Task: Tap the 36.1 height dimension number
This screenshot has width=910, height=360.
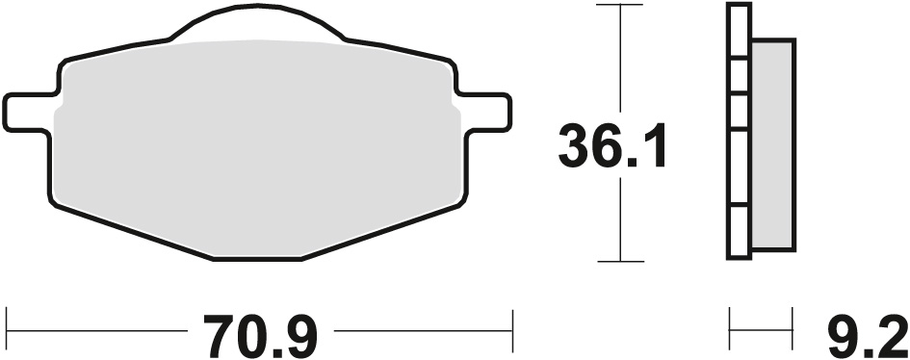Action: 613,147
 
